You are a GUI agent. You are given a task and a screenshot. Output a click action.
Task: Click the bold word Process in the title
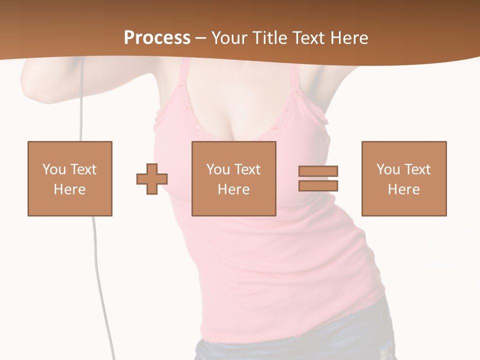157,37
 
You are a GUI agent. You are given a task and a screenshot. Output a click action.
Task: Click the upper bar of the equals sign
318,171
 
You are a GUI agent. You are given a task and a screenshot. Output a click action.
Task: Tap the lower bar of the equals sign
318,185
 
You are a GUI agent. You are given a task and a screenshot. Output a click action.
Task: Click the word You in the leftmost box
53,169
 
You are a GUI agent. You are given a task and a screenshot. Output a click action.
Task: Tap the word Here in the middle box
234,189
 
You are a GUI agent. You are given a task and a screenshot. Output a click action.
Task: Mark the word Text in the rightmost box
417,169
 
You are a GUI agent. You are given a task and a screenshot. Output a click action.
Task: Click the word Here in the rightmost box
404,189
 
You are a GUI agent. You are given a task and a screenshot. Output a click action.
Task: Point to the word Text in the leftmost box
83,169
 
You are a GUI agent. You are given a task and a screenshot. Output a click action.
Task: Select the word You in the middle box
217,169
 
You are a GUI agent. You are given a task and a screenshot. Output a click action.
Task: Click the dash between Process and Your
200,38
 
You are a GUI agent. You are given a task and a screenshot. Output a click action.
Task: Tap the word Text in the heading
307,38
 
